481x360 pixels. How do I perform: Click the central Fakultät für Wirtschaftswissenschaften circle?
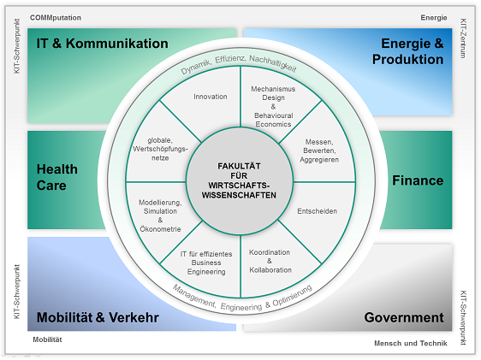pyautogui.click(x=240, y=181)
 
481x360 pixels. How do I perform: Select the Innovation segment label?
pyautogui.click(x=211, y=97)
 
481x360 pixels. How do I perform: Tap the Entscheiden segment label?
pyautogui.click(x=318, y=211)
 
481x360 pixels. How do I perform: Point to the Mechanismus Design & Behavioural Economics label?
pyautogui.click(x=273, y=106)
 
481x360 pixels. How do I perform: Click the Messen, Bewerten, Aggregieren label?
pyautogui.click(x=319, y=150)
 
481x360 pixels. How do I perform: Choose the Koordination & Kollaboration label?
pyautogui.click(x=270, y=261)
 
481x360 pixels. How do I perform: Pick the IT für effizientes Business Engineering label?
pyautogui.click(x=206, y=263)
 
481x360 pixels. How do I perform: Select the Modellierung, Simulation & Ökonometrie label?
pyautogui.click(x=160, y=215)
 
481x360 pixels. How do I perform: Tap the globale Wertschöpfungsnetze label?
pyautogui.click(x=160, y=149)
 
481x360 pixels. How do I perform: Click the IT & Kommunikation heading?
pyautogui.click(x=102, y=44)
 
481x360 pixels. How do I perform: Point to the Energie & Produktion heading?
pyautogui.click(x=408, y=51)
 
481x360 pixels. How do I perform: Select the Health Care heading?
pyautogui.click(x=57, y=177)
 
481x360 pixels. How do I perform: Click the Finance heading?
pyautogui.click(x=418, y=180)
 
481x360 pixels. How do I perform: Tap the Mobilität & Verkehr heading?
pyautogui.click(x=98, y=317)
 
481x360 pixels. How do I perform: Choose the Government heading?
pyautogui.click(x=404, y=318)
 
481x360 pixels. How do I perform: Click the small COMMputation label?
pyautogui.click(x=56, y=18)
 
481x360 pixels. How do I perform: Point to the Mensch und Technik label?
pyautogui.click(x=411, y=344)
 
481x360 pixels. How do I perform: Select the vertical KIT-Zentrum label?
pyautogui.click(x=463, y=38)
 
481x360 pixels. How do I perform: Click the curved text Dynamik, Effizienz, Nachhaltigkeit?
pyautogui.click(x=239, y=62)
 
